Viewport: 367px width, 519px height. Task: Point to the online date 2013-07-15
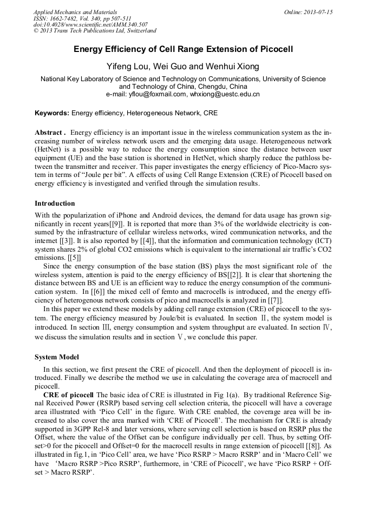[x=318, y=11]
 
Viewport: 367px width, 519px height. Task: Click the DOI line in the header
[x=90, y=24]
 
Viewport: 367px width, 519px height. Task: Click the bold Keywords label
[x=52, y=113]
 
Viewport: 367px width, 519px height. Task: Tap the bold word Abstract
[x=49, y=133]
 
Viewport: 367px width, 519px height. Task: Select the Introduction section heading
[x=55, y=203]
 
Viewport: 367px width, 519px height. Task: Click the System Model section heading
[x=57, y=357]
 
